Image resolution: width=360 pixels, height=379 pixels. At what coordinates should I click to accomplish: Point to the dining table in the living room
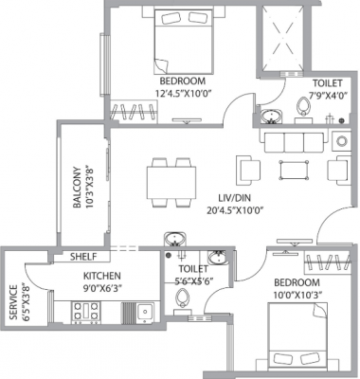[x=170, y=182]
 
